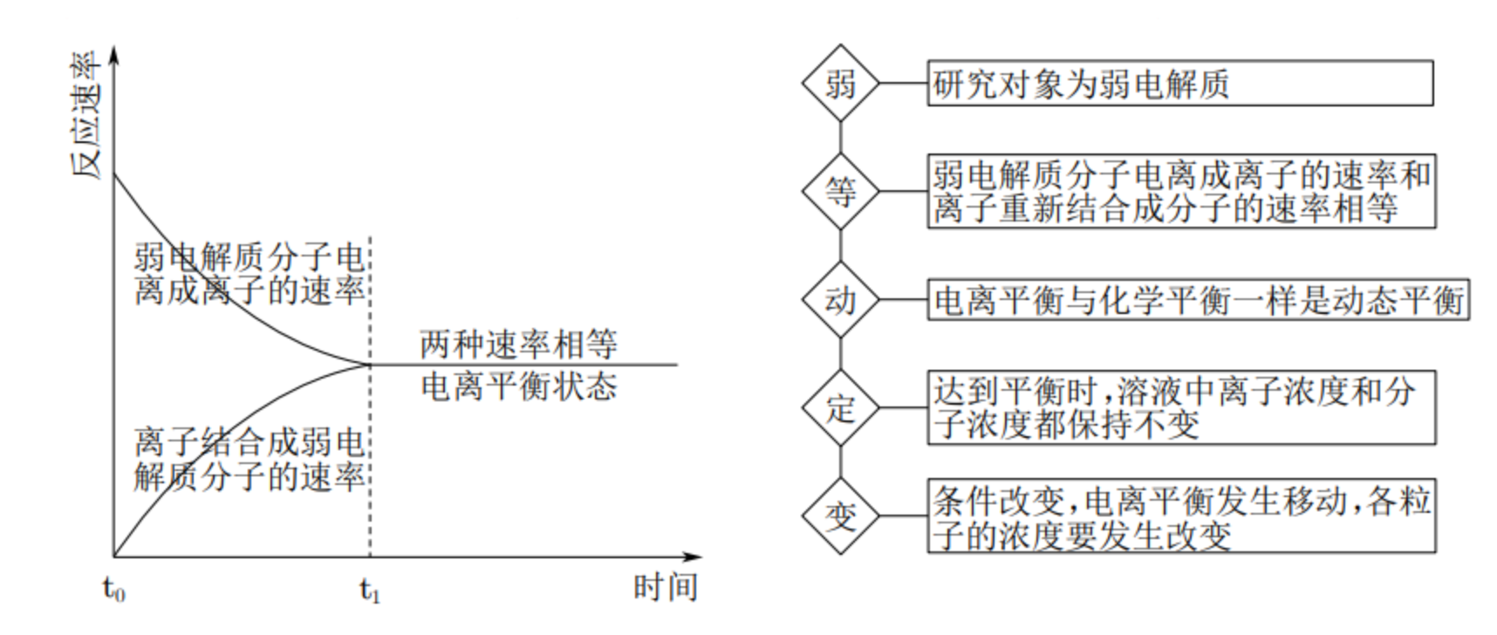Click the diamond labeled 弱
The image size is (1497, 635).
[840, 84]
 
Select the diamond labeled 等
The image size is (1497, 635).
[840, 192]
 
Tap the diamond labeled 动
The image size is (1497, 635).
[840, 300]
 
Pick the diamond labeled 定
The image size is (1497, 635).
[840, 408]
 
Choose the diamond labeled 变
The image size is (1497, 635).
[840, 516]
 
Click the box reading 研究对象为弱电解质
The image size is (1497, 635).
[1179, 84]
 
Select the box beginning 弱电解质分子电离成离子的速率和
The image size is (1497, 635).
[1180, 192]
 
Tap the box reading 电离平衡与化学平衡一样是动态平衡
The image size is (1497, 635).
[1198, 300]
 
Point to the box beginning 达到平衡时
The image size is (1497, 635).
[1180, 408]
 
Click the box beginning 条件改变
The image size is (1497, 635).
[1180, 516]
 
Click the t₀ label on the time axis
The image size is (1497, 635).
[113, 591]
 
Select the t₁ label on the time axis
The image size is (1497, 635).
[370, 591]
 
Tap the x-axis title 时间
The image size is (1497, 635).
[665, 587]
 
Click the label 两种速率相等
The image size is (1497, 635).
[518, 345]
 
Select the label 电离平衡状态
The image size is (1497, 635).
[518, 386]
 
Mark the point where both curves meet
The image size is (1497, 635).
[371, 364]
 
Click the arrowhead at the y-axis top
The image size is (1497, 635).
[113, 54]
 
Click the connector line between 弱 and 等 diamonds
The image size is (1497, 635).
[840, 138]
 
